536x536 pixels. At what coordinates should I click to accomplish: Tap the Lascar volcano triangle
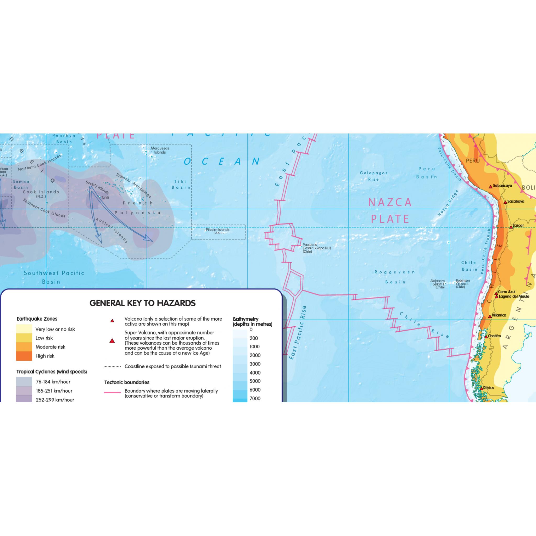(x=511, y=227)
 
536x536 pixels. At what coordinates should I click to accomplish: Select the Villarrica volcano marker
(x=490, y=316)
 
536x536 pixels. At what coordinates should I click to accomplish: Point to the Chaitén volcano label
(x=494, y=336)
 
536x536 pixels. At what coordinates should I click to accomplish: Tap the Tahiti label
(x=105, y=198)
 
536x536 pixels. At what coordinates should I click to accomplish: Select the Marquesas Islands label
(x=160, y=150)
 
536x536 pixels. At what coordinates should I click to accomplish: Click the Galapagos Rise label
(x=374, y=176)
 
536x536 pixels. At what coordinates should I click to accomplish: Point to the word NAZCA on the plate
(x=390, y=202)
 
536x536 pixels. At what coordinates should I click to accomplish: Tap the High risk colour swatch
(x=24, y=356)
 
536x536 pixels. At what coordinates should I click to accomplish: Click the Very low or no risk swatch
(x=24, y=329)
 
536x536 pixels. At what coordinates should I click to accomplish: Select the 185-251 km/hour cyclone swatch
(x=24, y=391)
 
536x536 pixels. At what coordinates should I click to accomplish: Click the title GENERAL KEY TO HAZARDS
(x=142, y=303)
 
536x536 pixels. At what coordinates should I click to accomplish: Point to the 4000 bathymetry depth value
(x=255, y=373)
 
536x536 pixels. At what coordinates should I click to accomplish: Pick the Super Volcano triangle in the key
(x=112, y=341)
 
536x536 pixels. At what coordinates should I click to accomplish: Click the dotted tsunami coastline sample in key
(x=112, y=366)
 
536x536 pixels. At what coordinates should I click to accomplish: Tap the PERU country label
(x=473, y=161)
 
